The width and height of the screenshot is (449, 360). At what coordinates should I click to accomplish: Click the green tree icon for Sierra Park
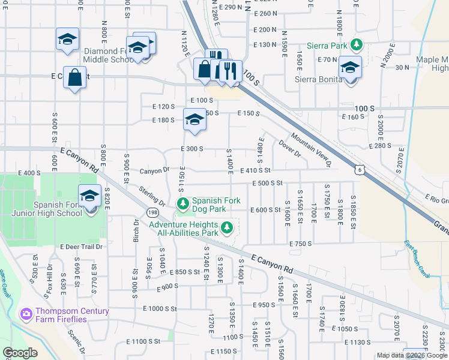pyautogui.click(x=357, y=44)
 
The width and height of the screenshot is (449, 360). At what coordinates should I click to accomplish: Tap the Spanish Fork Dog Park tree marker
pyautogui.click(x=182, y=205)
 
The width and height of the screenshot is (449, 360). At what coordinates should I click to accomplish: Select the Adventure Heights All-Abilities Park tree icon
pyautogui.click(x=226, y=227)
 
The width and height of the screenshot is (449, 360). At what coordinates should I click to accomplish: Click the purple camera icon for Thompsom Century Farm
pyautogui.click(x=26, y=314)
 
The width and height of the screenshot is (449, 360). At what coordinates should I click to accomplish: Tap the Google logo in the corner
pyautogui.click(x=19, y=353)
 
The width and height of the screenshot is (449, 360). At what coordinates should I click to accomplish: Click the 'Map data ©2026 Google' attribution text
pyautogui.click(x=411, y=355)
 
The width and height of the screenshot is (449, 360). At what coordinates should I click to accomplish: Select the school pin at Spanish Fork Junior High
pyautogui.click(x=90, y=197)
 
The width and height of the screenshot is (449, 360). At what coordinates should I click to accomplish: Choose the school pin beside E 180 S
pyautogui.click(x=194, y=121)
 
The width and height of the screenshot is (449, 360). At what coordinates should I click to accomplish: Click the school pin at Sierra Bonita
pyautogui.click(x=349, y=68)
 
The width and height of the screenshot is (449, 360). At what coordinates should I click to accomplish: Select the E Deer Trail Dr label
pyautogui.click(x=82, y=247)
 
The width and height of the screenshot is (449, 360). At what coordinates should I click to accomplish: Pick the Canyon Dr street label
pyautogui.click(x=155, y=171)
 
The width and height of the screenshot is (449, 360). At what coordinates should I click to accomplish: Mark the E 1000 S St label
pyautogui.click(x=160, y=309)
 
